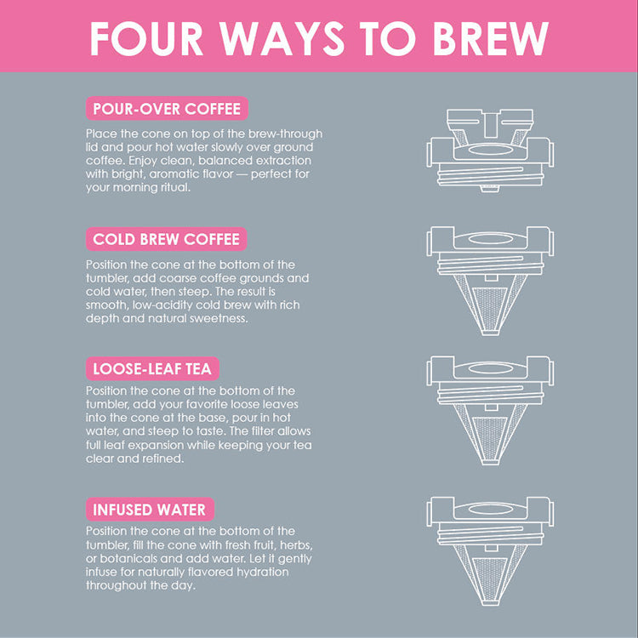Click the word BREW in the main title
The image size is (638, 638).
[490, 38]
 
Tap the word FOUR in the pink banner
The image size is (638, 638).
[146, 38]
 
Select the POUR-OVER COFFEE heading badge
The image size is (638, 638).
[167, 109]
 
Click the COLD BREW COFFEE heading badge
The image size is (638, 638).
[167, 239]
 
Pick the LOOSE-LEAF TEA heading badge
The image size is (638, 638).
[152, 368]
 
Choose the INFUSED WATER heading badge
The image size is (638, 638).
[150, 510]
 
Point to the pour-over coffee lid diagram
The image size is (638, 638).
[490, 150]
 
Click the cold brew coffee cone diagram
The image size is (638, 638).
[490, 281]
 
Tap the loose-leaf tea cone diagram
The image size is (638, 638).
[490, 410]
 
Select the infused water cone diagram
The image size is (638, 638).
[490, 551]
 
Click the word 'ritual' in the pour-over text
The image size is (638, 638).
[176, 188]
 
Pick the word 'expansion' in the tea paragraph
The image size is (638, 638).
[158, 445]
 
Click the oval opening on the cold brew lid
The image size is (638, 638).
[490, 238]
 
